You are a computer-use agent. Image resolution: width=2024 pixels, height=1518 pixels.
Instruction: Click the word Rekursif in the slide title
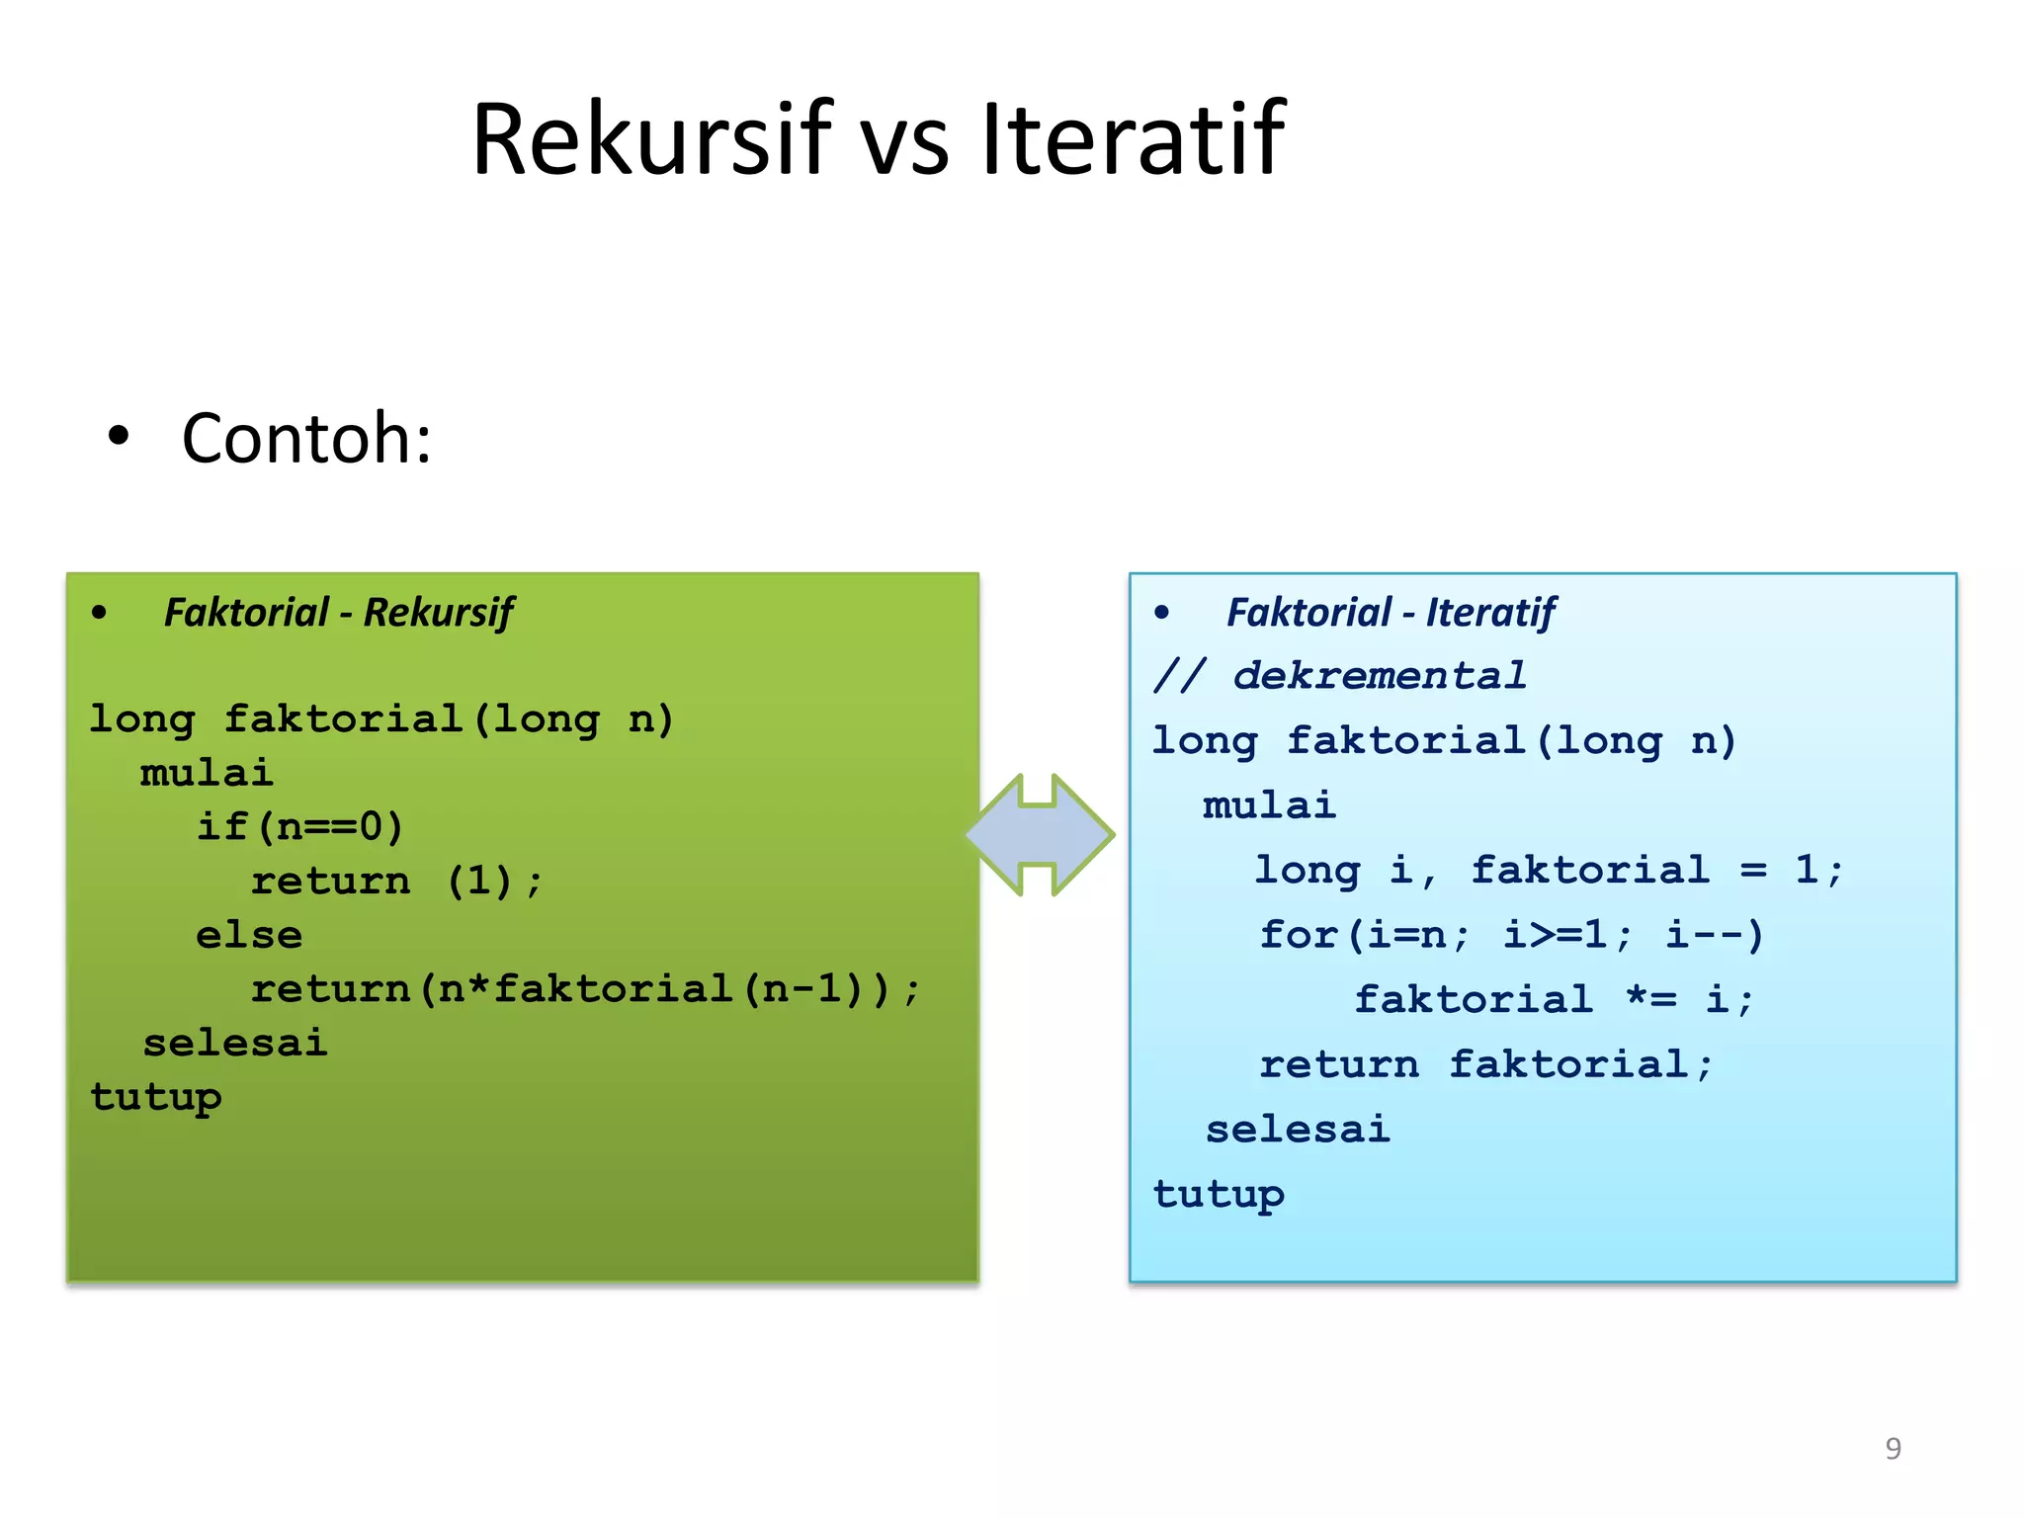tap(652, 139)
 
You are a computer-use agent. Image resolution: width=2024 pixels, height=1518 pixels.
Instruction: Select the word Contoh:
tap(306, 438)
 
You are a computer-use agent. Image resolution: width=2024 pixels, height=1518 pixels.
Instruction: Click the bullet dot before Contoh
tap(119, 436)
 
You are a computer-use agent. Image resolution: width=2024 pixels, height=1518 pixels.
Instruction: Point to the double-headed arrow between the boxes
tap(1040, 835)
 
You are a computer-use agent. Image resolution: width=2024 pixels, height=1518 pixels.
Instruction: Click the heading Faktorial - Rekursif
tap(338, 613)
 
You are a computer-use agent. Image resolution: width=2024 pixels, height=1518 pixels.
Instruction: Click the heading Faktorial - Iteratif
tap(1391, 613)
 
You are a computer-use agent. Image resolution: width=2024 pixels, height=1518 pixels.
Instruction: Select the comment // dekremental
tap(1339, 676)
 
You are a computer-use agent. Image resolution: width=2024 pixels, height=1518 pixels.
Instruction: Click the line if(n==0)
tap(299, 826)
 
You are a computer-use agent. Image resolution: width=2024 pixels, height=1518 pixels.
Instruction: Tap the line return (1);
tap(396, 881)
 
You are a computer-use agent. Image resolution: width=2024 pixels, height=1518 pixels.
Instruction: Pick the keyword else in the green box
tap(249, 935)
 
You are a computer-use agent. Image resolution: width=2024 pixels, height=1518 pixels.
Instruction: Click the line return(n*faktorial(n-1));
tap(585, 989)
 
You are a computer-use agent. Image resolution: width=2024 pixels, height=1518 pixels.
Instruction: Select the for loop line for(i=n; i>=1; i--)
tap(1511, 935)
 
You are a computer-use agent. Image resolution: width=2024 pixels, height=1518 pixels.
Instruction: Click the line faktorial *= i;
tap(1553, 999)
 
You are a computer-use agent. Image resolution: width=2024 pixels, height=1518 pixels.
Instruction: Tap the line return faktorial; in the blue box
tap(1485, 1064)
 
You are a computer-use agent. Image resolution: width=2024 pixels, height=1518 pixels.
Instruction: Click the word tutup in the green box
tap(156, 1097)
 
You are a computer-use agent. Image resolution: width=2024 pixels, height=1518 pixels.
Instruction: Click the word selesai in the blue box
tap(1298, 1129)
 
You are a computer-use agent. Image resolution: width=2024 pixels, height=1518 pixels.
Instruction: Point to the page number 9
tap(1893, 1449)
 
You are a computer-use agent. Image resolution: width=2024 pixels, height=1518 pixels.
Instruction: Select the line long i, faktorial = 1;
tap(1548, 871)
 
